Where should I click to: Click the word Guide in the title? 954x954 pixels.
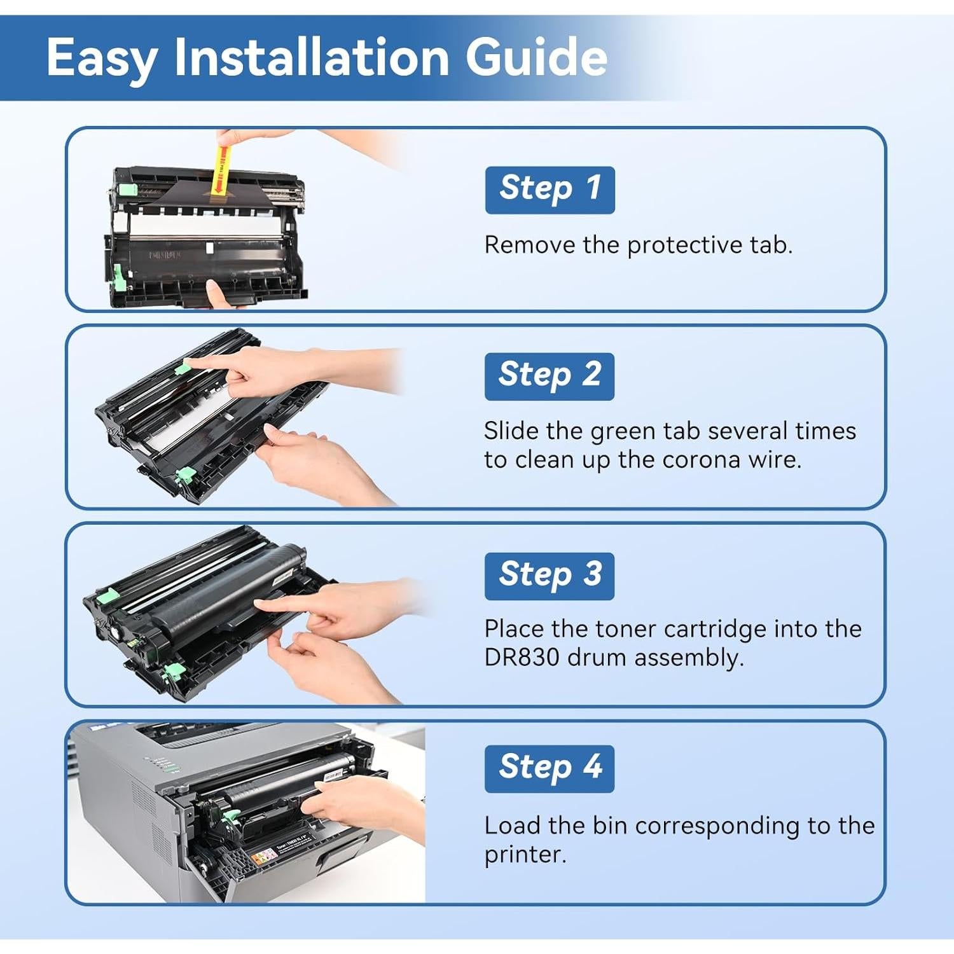pos(536,57)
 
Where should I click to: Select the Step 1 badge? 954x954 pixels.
pos(550,190)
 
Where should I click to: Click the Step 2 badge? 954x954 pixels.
pos(550,376)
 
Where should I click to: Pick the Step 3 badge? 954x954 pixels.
pos(550,576)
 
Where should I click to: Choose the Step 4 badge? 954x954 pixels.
pos(550,768)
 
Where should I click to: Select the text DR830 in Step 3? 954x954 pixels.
pos(522,657)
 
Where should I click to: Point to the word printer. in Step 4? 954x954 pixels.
pos(525,854)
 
